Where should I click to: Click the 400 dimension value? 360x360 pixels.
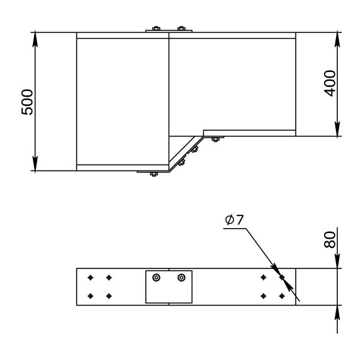tap(329, 83)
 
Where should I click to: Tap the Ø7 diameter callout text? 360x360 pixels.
tap(236, 220)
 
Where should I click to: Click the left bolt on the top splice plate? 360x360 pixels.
tap(155, 28)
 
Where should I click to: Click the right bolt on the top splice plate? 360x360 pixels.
tap(181, 28)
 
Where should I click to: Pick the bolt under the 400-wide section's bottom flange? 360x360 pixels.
tap(215, 139)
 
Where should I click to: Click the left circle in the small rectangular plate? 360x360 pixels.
tap(157, 277)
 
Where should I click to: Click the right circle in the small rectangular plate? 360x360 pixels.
tap(182, 277)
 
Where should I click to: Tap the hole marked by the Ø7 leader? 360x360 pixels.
tap(282, 277)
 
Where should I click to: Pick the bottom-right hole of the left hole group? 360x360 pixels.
tap(109, 296)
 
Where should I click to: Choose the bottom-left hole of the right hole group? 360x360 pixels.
tap(263, 296)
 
